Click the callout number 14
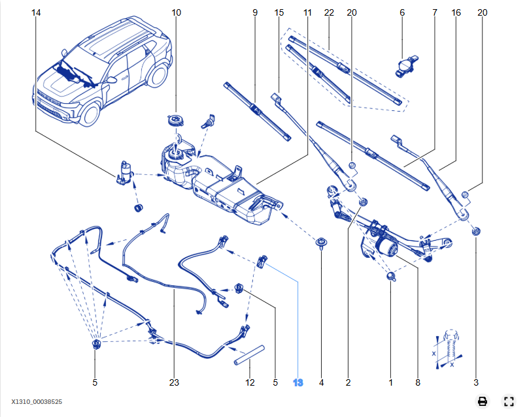[x=35, y=12]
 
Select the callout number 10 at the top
[x=177, y=12]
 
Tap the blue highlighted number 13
[x=298, y=383]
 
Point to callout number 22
[x=328, y=12]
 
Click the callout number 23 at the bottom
[x=173, y=383]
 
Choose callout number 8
[x=417, y=383]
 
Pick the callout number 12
[x=250, y=383]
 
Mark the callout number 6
[x=402, y=12]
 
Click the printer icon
[x=482, y=401]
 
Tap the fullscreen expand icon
[x=509, y=401]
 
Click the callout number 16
[x=455, y=12]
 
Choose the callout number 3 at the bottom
[x=476, y=383]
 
